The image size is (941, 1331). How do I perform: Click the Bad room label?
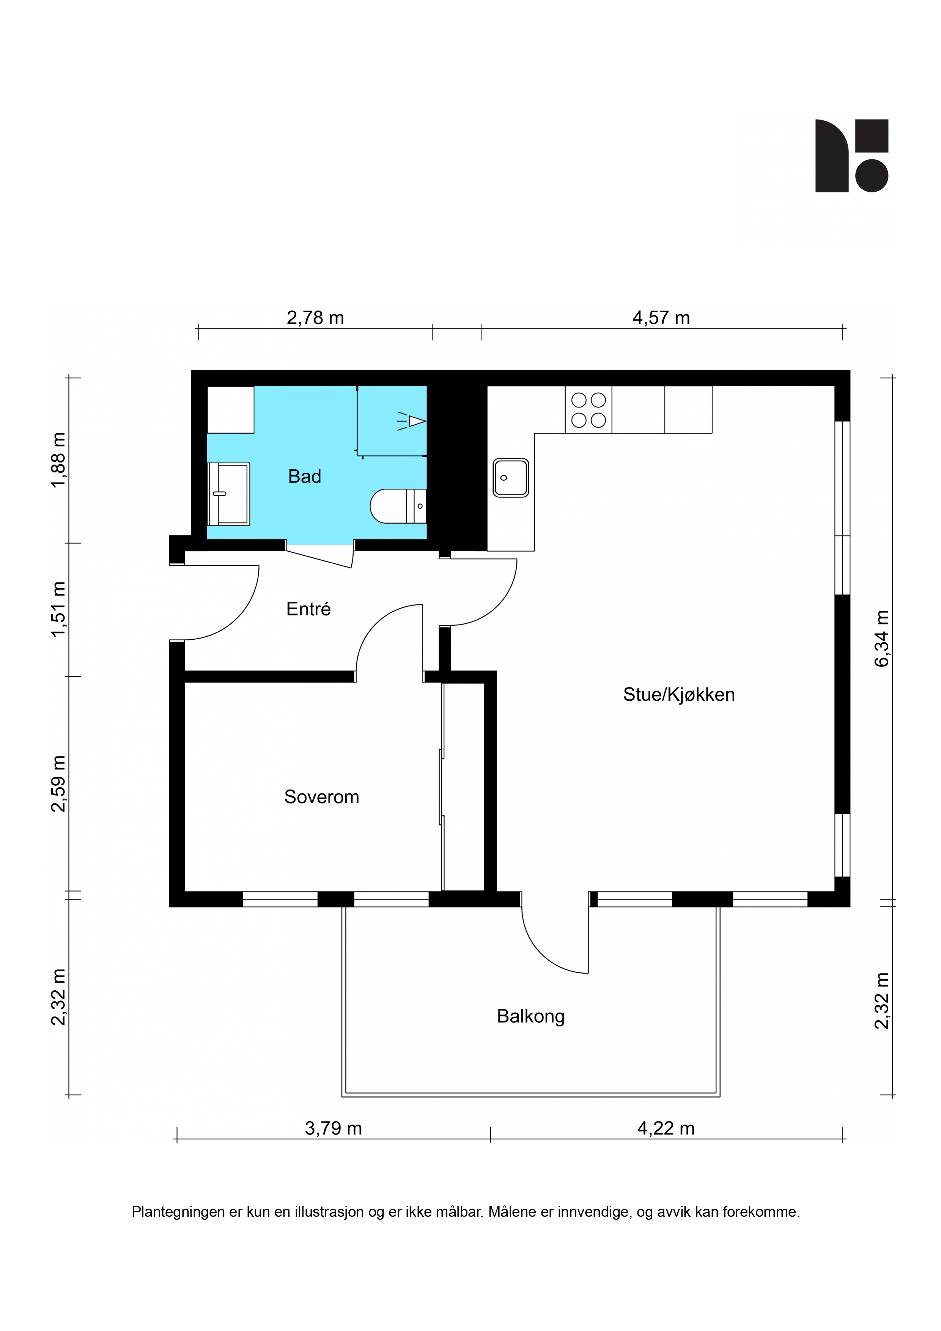pyautogui.click(x=304, y=477)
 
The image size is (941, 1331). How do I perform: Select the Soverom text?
pyautogui.click(x=321, y=797)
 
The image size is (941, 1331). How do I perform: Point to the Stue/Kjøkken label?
pyautogui.click(x=679, y=694)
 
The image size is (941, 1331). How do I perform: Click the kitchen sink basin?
pyautogui.click(x=511, y=478)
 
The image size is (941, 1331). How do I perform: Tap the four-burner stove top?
pyautogui.click(x=589, y=409)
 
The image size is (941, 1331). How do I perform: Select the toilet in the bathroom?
pyautogui.click(x=398, y=506)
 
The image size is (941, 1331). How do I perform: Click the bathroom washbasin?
pyautogui.click(x=228, y=494)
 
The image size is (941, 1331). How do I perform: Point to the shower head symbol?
pyautogui.click(x=412, y=421)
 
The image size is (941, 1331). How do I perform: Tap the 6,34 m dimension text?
pyautogui.click(x=881, y=638)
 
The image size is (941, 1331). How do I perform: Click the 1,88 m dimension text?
pyautogui.click(x=58, y=460)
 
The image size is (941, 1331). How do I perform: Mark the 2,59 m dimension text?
pyautogui.click(x=58, y=784)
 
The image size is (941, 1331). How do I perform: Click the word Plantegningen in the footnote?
pyautogui.click(x=179, y=1212)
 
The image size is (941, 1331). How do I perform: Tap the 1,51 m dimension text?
pyautogui.click(x=58, y=609)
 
